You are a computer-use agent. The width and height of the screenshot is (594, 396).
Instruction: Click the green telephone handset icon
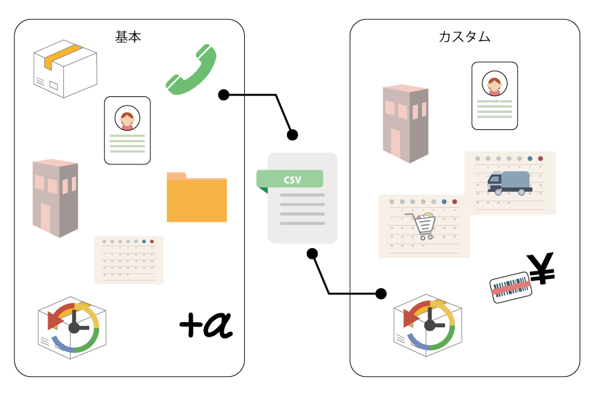click(191, 69)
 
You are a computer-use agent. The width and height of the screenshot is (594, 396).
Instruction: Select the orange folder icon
click(197, 197)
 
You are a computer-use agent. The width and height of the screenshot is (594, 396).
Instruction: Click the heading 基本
click(128, 37)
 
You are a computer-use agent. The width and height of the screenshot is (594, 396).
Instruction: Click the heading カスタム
click(465, 37)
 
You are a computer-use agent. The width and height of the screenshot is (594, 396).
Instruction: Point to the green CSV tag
click(290, 180)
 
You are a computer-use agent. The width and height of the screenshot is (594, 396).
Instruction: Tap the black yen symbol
click(542, 269)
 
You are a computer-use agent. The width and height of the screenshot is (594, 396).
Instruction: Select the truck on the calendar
click(510, 182)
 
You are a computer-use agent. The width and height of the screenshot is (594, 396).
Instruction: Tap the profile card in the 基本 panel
click(127, 130)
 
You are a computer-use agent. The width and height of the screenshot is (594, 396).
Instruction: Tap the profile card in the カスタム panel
click(494, 96)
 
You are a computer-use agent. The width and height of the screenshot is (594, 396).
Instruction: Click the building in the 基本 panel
click(55, 197)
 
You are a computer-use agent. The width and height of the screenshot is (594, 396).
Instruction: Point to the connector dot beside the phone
click(224, 95)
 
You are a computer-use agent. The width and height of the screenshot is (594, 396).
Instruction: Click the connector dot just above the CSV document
click(292, 135)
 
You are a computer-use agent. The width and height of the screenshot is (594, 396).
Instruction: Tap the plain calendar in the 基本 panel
click(129, 259)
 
